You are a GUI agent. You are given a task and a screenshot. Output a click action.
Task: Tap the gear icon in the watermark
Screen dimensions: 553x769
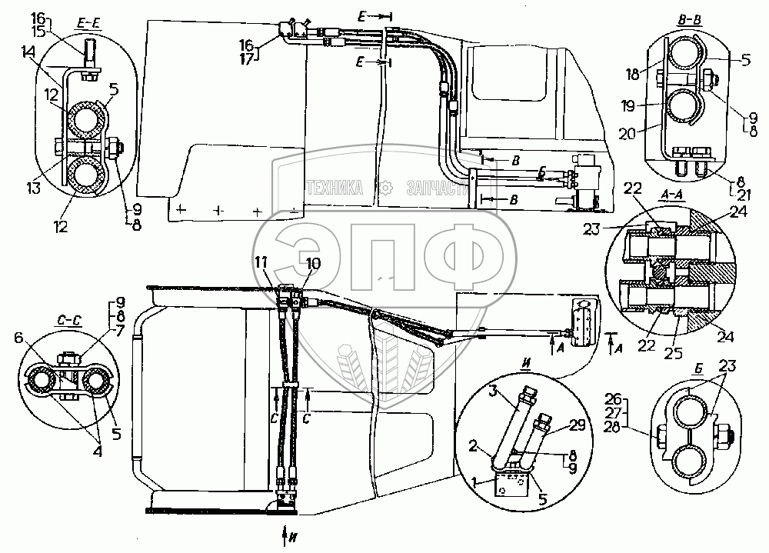click(387, 187)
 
